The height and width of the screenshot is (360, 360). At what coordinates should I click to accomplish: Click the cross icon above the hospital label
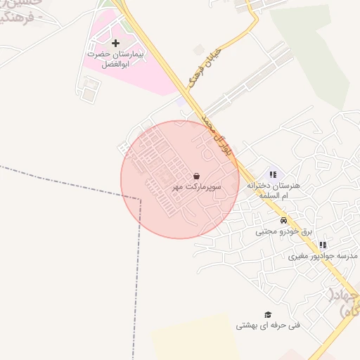tap(116, 44)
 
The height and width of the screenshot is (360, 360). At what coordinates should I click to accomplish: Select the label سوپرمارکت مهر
tap(197, 188)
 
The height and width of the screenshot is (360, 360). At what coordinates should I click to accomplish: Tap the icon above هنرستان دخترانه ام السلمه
tap(273, 174)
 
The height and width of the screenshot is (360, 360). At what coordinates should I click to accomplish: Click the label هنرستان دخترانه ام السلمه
tap(279, 191)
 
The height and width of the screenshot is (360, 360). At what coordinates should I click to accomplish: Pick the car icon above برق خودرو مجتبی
tap(283, 220)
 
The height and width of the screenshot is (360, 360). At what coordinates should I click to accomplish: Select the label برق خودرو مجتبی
tap(283, 231)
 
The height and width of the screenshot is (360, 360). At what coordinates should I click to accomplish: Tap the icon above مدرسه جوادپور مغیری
tap(323, 245)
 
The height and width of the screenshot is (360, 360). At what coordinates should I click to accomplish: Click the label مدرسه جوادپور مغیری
tap(323, 257)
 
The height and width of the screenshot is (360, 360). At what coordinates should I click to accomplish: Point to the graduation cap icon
tap(267, 314)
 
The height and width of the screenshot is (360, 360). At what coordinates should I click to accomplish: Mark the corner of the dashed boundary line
tap(140, 199)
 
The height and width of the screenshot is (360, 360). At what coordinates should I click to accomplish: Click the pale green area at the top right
tap(316, 49)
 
